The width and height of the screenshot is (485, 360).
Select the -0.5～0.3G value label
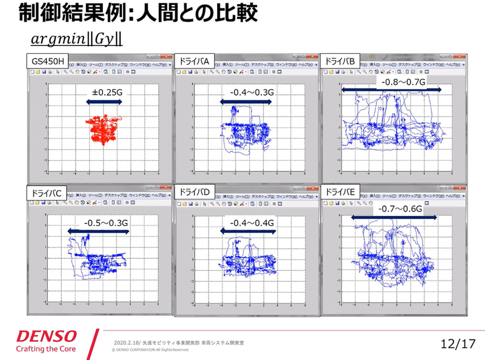pyautogui.click(x=106, y=222)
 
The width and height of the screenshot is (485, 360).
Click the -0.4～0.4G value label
pyautogui.click(x=252, y=222)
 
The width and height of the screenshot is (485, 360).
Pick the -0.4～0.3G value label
pyautogui.click(x=252, y=92)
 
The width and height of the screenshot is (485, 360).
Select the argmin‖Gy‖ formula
pyautogui.click(x=77, y=39)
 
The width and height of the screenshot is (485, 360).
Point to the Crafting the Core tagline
pyautogui.click(x=45, y=350)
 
